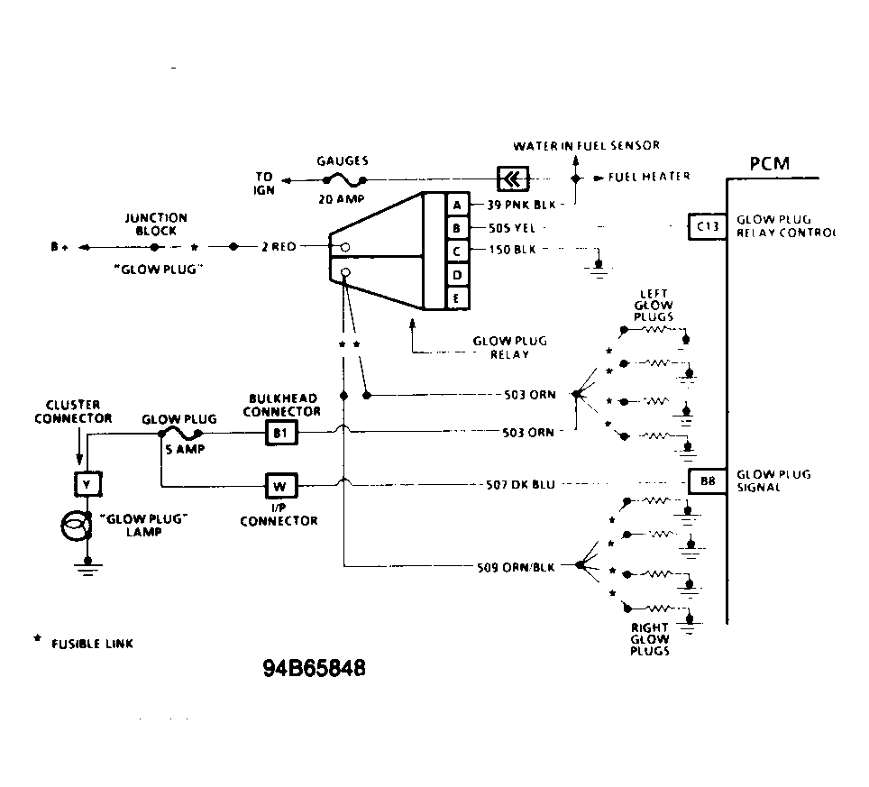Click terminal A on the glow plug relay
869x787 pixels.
457,205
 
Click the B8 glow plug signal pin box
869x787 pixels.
707,481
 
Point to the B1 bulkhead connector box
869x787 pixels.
279,434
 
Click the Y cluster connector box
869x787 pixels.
87,484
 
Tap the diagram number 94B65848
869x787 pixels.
315,670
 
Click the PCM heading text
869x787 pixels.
769,164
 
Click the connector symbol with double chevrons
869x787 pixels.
511,178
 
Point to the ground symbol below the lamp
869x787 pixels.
87,565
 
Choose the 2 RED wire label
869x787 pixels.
279,246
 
